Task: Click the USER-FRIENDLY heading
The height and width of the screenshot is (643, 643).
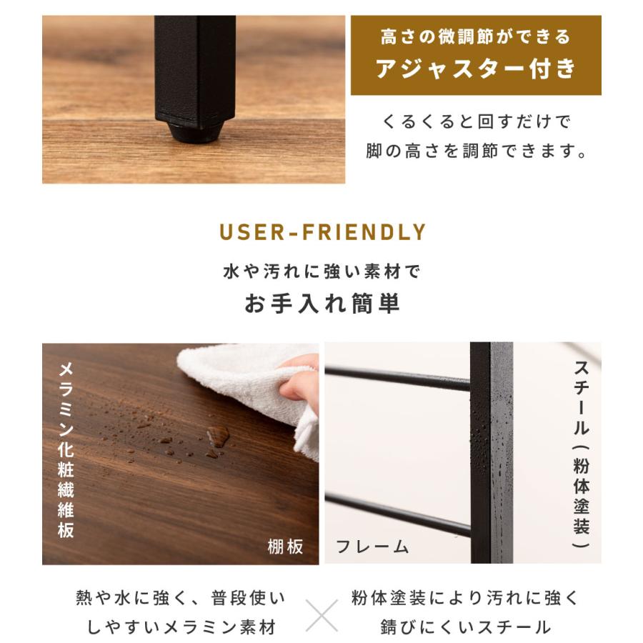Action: pos(322,232)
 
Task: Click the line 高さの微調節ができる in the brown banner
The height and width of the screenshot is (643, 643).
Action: pos(476,36)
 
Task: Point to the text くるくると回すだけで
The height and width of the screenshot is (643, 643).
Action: pos(477,121)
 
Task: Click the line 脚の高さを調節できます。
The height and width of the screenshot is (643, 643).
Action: pos(477,152)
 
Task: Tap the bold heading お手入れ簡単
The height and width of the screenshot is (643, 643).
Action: pos(322,304)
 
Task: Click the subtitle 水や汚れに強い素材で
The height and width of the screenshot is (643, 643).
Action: pos(322,271)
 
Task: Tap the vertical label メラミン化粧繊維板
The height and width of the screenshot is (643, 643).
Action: pos(66,450)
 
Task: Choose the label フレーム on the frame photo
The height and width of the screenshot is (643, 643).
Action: pos(372,547)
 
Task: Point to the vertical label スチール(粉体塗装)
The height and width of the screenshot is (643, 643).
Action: pos(582,454)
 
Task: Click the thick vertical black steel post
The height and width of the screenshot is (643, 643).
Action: pos(492,457)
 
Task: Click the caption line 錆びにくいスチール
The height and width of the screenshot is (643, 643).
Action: pos(465,627)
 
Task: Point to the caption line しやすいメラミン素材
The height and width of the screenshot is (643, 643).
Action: pos(181,627)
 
